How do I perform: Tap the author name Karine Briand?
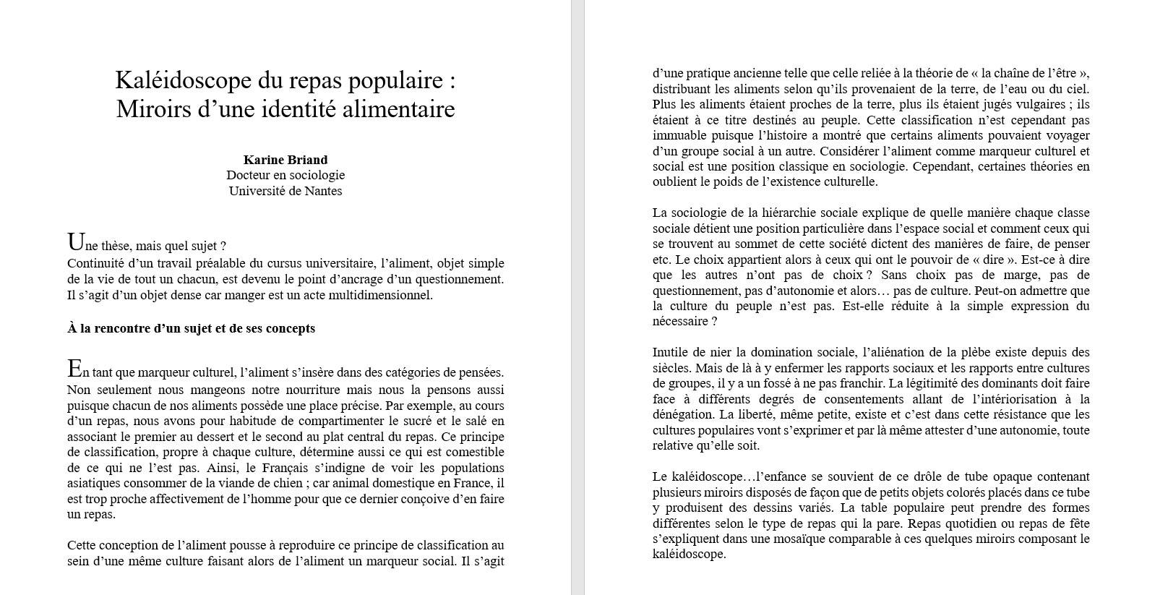point(285,160)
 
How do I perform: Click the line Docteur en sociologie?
point(285,175)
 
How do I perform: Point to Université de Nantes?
point(285,191)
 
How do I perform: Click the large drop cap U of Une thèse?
point(74,242)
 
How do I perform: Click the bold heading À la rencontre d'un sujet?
point(191,328)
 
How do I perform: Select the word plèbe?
point(983,353)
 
